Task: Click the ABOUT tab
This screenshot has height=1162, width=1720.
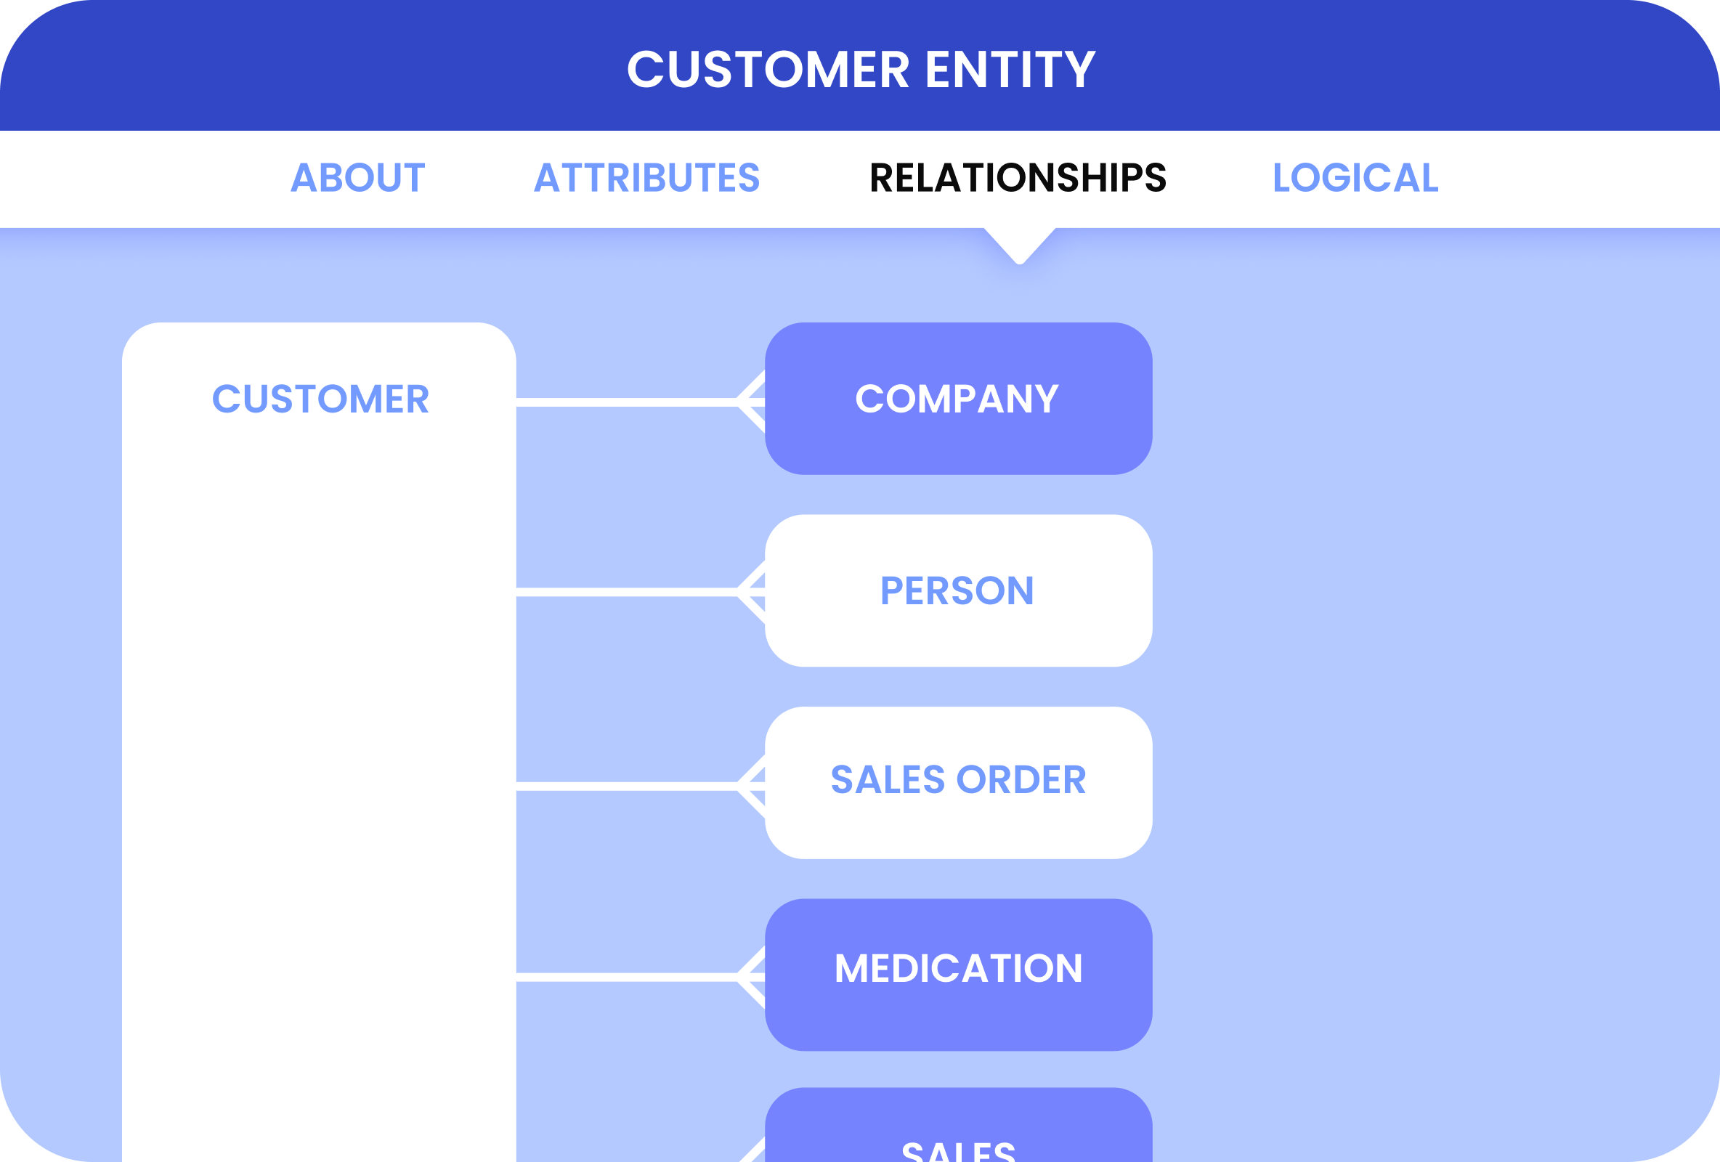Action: (x=357, y=179)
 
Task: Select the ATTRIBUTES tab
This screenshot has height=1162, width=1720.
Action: (x=647, y=179)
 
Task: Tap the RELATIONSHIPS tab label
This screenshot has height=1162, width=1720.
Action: (x=1018, y=179)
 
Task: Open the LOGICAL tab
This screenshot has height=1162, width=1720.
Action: (x=1355, y=179)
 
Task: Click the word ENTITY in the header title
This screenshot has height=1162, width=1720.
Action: (x=1010, y=70)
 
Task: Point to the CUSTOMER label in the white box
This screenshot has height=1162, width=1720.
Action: (x=320, y=399)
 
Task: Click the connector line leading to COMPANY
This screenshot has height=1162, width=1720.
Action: (x=625, y=402)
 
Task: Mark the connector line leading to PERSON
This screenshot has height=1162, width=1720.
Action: (x=625, y=592)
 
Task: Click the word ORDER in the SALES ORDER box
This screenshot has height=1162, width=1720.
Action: (x=1021, y=780)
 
